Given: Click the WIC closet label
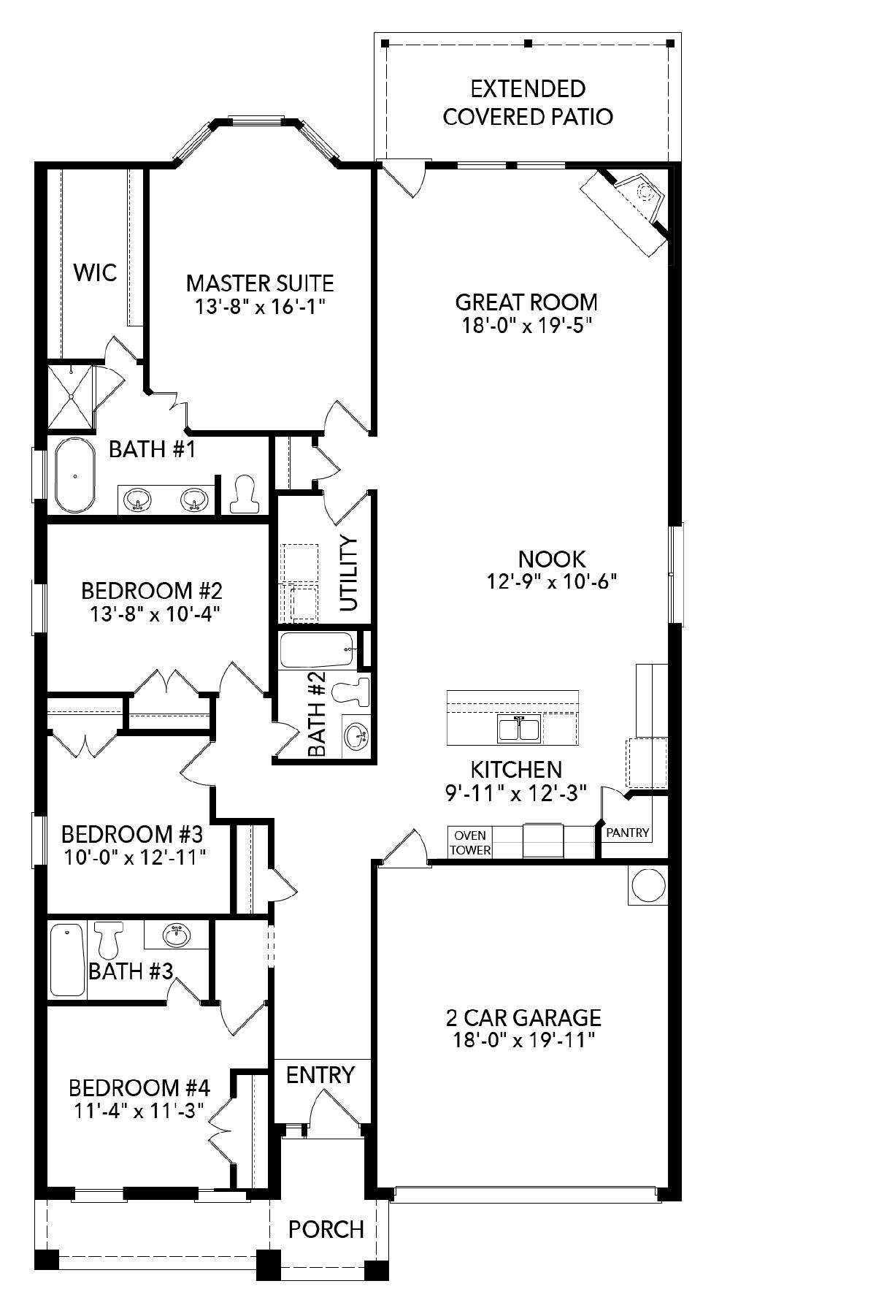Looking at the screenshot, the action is coord(95,273).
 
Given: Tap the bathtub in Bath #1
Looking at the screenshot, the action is coord(74,475).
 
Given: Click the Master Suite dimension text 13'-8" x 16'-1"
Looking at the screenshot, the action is coord(260,306).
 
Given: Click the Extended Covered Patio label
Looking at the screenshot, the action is coord(528,103).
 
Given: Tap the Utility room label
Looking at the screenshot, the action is coord(350,573).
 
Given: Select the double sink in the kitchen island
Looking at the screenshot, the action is coord(519,729).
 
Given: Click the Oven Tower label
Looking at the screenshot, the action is coord(470,843).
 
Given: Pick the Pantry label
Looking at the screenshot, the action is coord(628,832).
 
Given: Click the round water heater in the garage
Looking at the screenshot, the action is coord(648,886).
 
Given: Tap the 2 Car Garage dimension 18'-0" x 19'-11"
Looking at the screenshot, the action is coord(522,1040).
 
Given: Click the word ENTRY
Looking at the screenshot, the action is coord(320,1075).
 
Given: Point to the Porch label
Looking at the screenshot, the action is coord(326,1229).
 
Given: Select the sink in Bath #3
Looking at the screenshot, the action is coord(176,934).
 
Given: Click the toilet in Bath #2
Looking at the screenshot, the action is coord(353,690).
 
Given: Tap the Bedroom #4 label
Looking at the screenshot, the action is coord(139,1088).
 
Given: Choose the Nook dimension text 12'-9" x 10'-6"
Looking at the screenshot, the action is coord(553,581).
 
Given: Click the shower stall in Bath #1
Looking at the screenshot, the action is coord(71,397).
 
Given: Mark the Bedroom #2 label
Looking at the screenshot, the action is coord(151,589).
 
